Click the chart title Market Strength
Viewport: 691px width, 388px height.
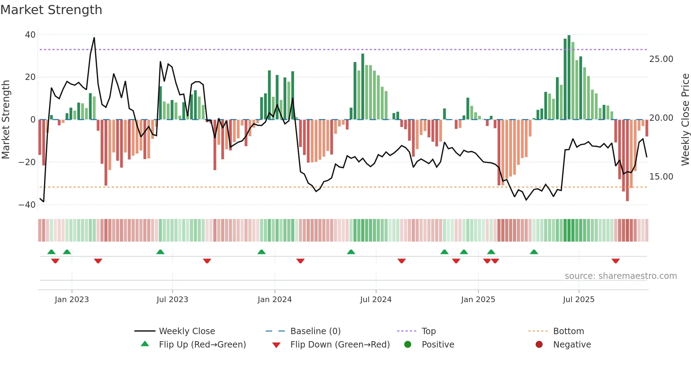(x=51, y=10)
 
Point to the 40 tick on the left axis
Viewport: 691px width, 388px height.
(x=30, y=35)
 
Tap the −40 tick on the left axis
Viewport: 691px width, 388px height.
(x=27, y=205)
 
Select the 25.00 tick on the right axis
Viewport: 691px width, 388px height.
(x=661, y=59)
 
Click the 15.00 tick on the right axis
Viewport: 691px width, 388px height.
(x=661, y=177)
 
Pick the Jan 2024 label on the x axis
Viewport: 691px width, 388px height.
(x=275, y=300)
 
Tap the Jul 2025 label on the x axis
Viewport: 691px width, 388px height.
(x=579, y=300)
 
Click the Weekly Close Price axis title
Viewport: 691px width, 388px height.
(x=685, y=120)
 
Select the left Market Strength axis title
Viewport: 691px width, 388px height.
(x=6, y=120)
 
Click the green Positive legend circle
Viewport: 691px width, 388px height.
(x=408, y=345)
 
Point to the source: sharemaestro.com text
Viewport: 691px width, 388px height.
(x=620, y=276)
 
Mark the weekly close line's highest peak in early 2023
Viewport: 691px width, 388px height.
(x=94, y=38)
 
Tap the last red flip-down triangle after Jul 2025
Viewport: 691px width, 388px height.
(x=616, y=261)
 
